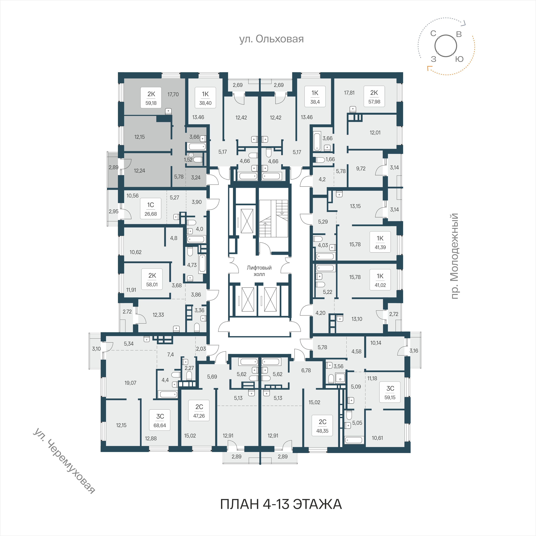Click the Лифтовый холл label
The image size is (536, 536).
pos(259,271)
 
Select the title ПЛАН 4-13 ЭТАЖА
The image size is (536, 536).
pos(281,504)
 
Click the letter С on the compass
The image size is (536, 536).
pos(433,34)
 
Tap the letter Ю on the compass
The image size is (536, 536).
pos(459,59)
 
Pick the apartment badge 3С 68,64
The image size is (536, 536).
pos(160,420)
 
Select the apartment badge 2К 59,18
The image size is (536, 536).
pos(151,98)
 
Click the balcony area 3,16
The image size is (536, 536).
pos(414,351)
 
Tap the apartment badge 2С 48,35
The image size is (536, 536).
pos(322,426)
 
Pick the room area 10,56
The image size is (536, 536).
pos(133,196)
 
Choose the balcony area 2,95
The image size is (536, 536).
pos(113,211)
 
